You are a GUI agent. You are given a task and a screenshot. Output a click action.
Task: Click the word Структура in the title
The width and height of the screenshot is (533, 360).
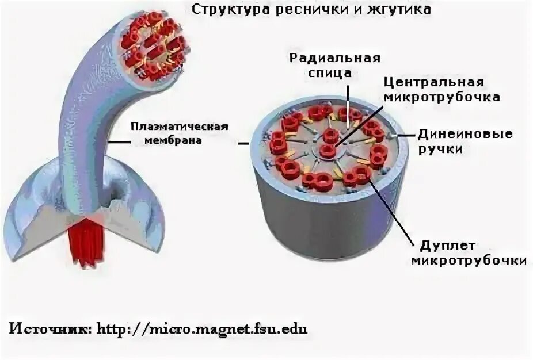click(x=221, y=10)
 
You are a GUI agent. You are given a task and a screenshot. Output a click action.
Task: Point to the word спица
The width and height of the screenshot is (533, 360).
click(x=334, y=73)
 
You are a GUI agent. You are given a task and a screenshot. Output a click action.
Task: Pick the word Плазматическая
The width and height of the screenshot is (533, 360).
click(x=180, y=127)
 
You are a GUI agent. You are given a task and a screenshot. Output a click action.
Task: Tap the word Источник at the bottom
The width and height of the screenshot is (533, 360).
click(x=48, y=329)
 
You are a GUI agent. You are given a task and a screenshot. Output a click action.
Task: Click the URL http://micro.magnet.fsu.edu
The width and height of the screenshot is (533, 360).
click(x=201, y=329)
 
